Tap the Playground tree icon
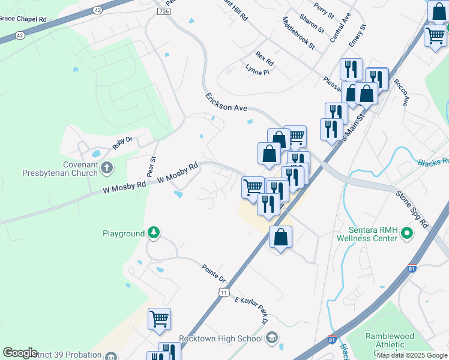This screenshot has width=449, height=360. [154, 233]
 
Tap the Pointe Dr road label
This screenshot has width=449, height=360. [213, 274]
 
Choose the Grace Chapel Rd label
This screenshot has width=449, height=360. [23, 19]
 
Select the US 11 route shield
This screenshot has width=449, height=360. [223, 292]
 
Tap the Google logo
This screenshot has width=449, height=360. [19, 353]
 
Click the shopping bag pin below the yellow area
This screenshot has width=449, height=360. [280, 238]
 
